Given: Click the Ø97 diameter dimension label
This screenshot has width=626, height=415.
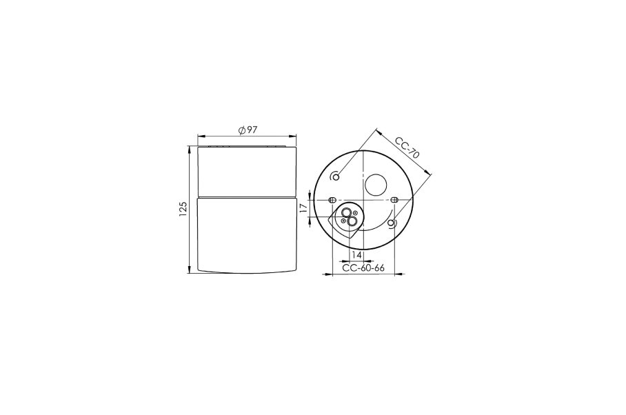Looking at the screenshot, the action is pyautogui.click(x=248, y=130).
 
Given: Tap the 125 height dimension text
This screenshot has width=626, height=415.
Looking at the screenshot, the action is pyautogui.click(x=183, y=209).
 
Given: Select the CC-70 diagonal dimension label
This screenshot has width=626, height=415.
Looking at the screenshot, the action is pyautogui.click(x=407, y=148).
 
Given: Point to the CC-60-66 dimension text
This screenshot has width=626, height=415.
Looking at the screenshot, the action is pyautogui.click(x=363, y=268).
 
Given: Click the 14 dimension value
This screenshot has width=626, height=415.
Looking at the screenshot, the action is pyautogui.click(x=356, y=254).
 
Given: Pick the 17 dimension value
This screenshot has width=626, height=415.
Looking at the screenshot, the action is pyautogui.click(x=303, y=207).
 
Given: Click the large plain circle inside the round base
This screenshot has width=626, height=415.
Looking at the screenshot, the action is pyautogui.click(x=376, y=185).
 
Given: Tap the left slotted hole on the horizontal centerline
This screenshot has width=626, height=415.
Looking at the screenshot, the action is pyautogui.click(x=332, y=199).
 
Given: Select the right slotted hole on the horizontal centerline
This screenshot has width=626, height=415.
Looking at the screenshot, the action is pyautogui.click(x=394, y=199).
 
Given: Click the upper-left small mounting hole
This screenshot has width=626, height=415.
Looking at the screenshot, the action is pyautogui.click(x=336, y=176).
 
